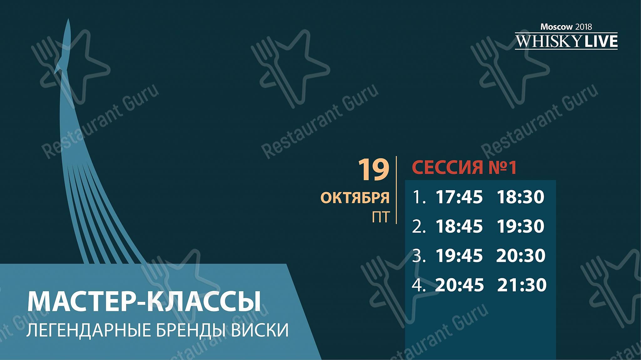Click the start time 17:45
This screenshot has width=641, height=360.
(x=459, y=197)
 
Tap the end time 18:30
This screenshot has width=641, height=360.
(x=520, y=197)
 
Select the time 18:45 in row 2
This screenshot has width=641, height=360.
(x=459, y=226)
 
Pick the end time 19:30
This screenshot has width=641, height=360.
(x=520, y=226)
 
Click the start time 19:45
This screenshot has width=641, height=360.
(x=459, y=256)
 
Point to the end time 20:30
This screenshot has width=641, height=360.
(x=521, y=256)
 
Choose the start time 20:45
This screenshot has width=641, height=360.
(x=459, y=285)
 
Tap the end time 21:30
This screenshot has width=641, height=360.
(x=522, y=285)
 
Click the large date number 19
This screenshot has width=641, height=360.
(x=373, y=170)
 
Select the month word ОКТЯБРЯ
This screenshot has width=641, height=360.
(x=355, y=198)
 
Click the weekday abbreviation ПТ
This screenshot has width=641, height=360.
(x=381, y=217)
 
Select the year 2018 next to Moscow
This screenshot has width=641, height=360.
(x=583, y=27)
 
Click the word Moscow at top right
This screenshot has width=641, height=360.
(x=556, y=27)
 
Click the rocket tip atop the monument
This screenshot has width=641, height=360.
(x=68, y=19)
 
